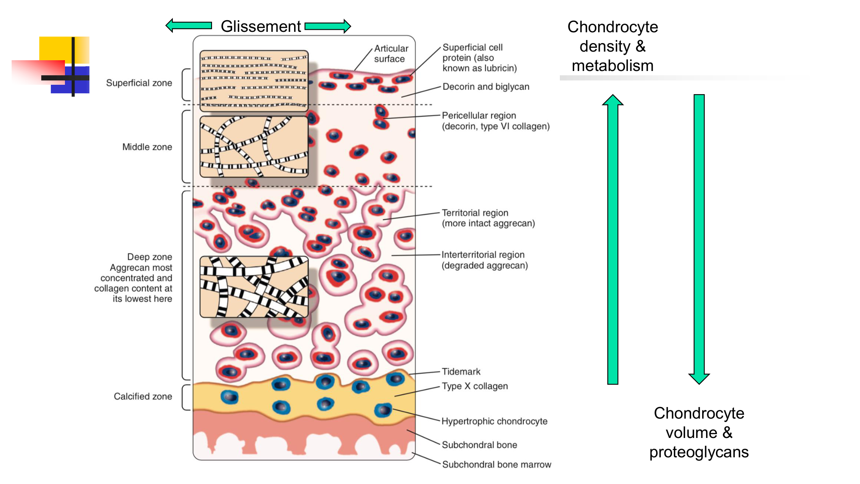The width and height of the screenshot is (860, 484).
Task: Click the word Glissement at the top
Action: click(x=261, y=26)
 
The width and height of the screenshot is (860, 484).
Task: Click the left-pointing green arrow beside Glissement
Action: click(x=189, y=25)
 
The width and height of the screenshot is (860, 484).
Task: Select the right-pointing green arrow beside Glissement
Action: click(x=328, y=26)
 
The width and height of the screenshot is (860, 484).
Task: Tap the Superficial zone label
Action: click(x=139, y=83)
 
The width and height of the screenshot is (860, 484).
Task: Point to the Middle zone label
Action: click(x=147, y=147)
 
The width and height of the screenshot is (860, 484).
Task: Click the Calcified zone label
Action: click(x=143, y=397)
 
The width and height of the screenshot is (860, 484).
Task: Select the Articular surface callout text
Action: click(x=390, y=54)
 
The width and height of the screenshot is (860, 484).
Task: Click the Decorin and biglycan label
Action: click(x=485, y=87)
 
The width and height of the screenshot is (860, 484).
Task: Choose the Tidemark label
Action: click(x=461, y=372)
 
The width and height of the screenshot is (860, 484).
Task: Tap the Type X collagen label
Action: click(x=475, y=386)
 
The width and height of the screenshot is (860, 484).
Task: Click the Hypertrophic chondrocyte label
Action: click(x=494, y=422)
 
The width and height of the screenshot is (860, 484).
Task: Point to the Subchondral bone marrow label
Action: click(x=496, y=465)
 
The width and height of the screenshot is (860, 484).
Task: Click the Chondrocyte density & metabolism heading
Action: click(x=612, y=46)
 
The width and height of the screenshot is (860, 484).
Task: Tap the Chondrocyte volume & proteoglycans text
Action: click(x=699, y=432)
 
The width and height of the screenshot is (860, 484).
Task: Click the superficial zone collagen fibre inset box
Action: click(x=254, y=80)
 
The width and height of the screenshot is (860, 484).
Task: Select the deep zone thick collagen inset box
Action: click(x=254, y=287)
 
